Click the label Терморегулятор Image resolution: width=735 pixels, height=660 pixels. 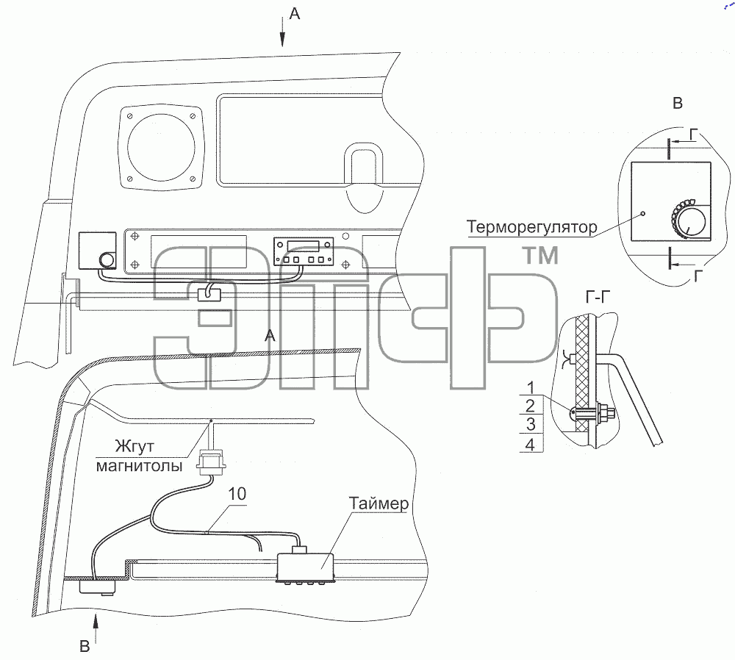pyautogui.click(x=531, y=227)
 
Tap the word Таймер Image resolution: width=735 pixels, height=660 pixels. pyautogui.click(x=379, y=503)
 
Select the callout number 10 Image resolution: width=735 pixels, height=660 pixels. pyautogui.click(x=237, y=494)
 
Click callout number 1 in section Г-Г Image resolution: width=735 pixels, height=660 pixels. pyautogui.click(x=531, y=387)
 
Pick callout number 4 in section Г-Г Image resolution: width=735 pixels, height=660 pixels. pyautogui.click(x=531, y=444)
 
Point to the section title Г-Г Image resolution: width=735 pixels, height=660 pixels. pyautogui.click(x=598, y=297)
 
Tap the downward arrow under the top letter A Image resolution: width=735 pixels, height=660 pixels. pyautogui.click(x=283, y=32)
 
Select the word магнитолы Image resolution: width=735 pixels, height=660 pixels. pyautogui.click(x=139, y=466)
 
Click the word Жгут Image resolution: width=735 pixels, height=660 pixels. pyautogui.click(x=134, y=446)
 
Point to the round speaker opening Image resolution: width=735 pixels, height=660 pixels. pyautogui.click(x=161, y=148)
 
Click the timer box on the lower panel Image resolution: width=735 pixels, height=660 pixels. pyautogui.click(x=306, y=567)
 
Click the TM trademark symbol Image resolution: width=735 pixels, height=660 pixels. pyautogui.click(x=540, y=256)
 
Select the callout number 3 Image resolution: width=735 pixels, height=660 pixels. pyautogui.click(x=531, y=424)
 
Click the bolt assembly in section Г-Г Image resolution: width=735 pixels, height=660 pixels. pyautogui.click(x=592, y=413)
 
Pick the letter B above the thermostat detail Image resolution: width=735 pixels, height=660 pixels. pyautogui.click(x=678, y=103)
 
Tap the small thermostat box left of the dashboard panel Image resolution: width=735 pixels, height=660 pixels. pyautogui.click(x=98, y=251)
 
